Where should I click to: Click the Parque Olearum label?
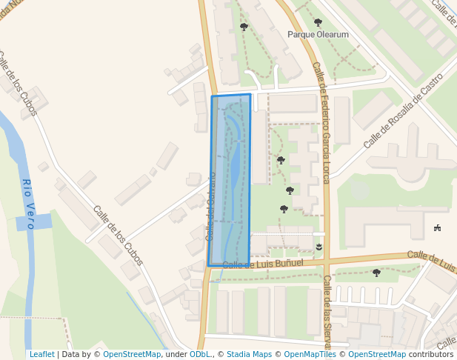click(318, 34)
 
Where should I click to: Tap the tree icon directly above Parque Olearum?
click(318, 22)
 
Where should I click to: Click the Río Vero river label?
click(27, 204)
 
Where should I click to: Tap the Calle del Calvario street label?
click(210, 207)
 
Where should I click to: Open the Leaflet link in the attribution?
click(41, 355)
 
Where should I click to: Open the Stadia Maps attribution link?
click(249, 355)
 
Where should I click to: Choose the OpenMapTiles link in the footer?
click(310, 355)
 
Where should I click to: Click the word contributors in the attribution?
click(431, 355)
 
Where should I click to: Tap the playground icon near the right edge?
click(438, 227)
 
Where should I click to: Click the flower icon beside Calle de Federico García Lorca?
click(318, 246)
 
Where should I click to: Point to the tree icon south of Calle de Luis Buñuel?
click(376, 273)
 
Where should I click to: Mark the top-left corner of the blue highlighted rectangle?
click(212, 96)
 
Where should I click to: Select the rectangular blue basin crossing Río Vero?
click(34, 221)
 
